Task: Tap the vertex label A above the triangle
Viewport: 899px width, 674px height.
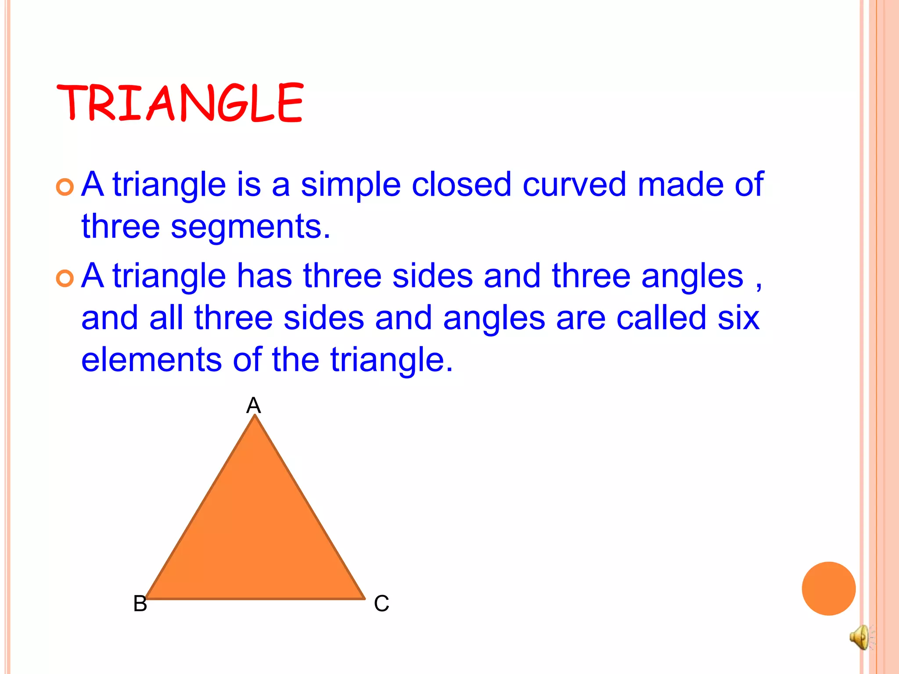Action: [254, 405]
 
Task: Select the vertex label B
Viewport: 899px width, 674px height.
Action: [140, 603]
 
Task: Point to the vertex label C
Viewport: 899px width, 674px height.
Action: [381, 603]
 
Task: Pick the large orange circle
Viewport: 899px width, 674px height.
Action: [828, 588]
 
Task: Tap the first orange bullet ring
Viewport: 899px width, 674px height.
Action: [65, 187]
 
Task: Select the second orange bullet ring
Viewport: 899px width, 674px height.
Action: [65, 279]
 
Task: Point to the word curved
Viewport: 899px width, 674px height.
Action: [574, 184]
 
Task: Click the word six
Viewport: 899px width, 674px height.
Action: [738, 318]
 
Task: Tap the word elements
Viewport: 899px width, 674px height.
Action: [151, 359]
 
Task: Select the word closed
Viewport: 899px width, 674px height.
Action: [461, 184]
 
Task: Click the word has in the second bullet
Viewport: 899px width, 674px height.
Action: [264, 276]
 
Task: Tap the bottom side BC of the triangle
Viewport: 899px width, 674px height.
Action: [255, 598]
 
